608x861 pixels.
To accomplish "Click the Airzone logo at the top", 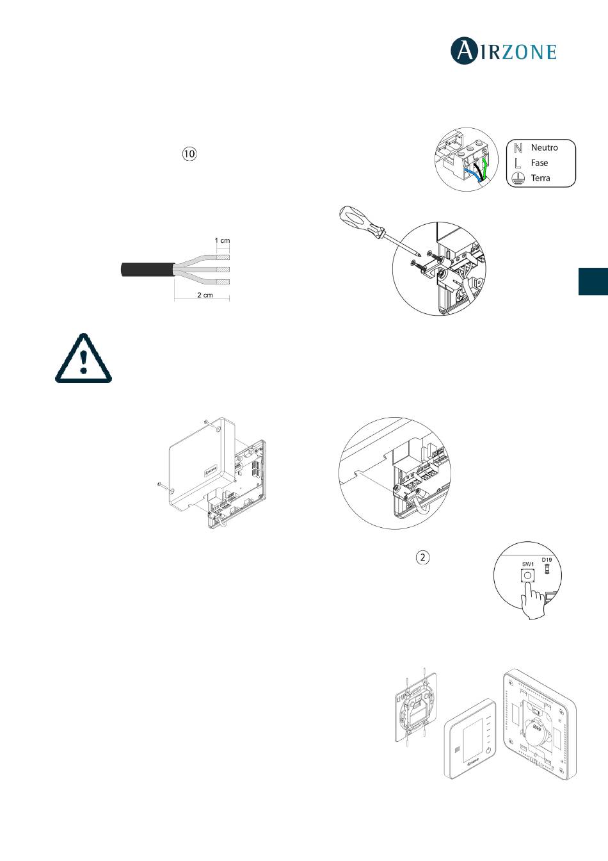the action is click(504, 51).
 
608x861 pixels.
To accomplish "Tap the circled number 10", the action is click(189, 154).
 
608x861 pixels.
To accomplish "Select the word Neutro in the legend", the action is click(544, 147).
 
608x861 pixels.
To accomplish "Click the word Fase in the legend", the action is click(540, 163).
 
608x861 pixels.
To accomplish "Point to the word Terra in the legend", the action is click(540, 178).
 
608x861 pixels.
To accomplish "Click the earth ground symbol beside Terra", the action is click(518, 179).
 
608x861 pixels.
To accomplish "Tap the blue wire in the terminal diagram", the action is click(473, 174).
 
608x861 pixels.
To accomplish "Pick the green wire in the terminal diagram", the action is click(484, 168).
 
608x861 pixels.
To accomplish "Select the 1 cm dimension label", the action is click(222, 241).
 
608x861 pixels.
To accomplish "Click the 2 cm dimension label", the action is click(205, 295).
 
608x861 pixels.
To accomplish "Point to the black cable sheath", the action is click(147, 270).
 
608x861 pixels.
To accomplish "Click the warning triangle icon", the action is click(83, 358).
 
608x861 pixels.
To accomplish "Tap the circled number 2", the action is click(423, 557).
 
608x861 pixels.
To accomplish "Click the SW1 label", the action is click(528, 564).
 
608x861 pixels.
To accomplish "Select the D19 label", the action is click(547, 560).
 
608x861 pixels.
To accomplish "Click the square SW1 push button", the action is click(528, 575).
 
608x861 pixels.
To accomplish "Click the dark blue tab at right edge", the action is click(593, 281).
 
